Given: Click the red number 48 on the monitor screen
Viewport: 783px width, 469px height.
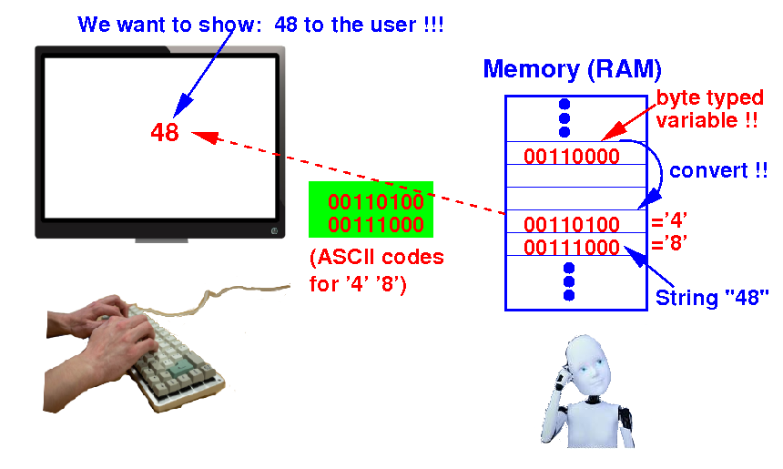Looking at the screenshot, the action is (x=165, y=132).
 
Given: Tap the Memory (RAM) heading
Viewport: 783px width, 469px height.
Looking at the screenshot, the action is (x=573, y=69).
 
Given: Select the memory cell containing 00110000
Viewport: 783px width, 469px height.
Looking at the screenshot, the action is (x=575, y=153).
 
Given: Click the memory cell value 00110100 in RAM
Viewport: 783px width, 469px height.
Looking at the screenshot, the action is (x=571, y=224).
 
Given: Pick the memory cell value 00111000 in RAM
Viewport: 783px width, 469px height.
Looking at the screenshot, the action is (x=571, y=247).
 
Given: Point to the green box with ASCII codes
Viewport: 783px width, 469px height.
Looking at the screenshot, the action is (x=371, y=209).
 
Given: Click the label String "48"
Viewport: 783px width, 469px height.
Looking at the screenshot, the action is (x=712, y=297).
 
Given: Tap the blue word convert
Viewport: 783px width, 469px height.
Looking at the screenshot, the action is (x=708, y=171).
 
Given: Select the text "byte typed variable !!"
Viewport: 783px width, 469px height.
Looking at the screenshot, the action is (x=709, y=109).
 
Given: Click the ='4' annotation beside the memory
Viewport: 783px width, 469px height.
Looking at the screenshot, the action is (x=669, y=220).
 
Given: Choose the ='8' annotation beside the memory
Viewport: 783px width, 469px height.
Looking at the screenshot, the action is (x=669, y=243).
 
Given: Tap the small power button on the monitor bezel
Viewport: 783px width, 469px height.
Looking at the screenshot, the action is (x=274, y=230).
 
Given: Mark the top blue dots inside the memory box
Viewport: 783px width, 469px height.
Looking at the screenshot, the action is (x=564, y=117).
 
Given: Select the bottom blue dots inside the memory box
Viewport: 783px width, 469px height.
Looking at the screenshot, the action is (x=569, y=281).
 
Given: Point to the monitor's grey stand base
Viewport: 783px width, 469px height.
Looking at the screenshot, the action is (x=162, y=240).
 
